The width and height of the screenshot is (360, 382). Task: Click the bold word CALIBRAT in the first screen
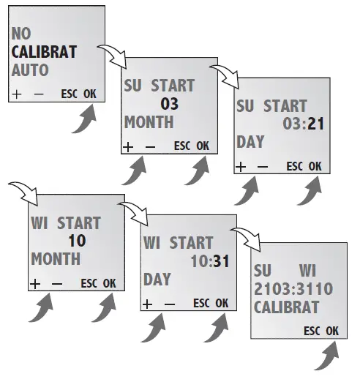pyautogui.click(x=44, y=53)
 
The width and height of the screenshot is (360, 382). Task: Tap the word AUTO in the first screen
pyautogui.click(x=30, y=71)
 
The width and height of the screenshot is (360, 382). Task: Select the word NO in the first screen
pyautogui.click(x=21, y=34)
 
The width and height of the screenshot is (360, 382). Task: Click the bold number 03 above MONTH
pyautogui.click(x=169, y=104)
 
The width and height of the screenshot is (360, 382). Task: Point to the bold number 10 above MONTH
pyautogui.click(x=78, y=240)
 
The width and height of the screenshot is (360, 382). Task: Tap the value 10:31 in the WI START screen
pyautogui.click(x=209, y=261)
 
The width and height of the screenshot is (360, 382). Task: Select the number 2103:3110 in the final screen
pyautogui.click(x=293, y=289)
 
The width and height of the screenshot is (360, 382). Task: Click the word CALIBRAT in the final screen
pyautogui.click(x=287, y=307)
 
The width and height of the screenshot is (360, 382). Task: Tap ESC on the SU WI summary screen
pyautogui.click(x=313, y=331)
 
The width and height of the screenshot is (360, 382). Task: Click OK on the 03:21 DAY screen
pyautogui.click(x=315, y=166)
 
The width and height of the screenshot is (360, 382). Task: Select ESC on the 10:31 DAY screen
pyautogui.click(x=201, y=303)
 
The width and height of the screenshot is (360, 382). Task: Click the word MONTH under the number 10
pyautogui.click(x=56, y=259)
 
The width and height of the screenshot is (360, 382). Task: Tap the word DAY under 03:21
pyautogui.click(x=250, y=142)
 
